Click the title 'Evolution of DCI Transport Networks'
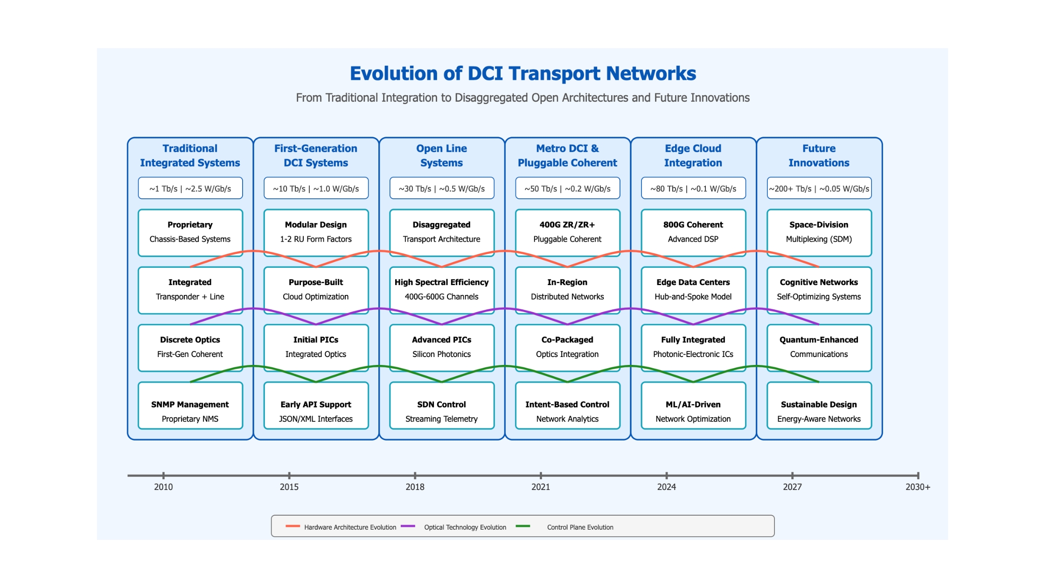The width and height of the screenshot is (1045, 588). point(522,74)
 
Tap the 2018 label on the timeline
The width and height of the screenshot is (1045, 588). point(415,487)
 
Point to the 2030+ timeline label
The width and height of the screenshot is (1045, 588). point(918,487)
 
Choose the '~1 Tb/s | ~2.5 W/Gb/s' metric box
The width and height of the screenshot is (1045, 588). point(190,189)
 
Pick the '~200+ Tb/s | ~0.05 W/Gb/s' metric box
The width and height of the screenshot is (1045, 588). point(819,189)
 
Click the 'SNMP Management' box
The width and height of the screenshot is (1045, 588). point(190,406)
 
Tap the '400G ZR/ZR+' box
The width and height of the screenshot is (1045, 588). point(567,233)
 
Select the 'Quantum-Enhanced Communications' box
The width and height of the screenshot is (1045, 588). point(819,348)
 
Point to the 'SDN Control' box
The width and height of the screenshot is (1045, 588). point(442,406)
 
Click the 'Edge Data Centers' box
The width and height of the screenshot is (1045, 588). point(693,290)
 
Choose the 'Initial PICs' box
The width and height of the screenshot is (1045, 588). point(316,348)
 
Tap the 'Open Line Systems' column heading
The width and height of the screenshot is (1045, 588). point(442,155)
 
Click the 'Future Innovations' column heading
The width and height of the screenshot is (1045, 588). point(819,155)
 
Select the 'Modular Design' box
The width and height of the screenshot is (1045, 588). point(316,233)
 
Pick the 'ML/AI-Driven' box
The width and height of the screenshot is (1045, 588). point(693,406)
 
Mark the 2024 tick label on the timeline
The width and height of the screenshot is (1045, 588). point(667,487)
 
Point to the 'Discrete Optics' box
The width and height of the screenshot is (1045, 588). point(190,348)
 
